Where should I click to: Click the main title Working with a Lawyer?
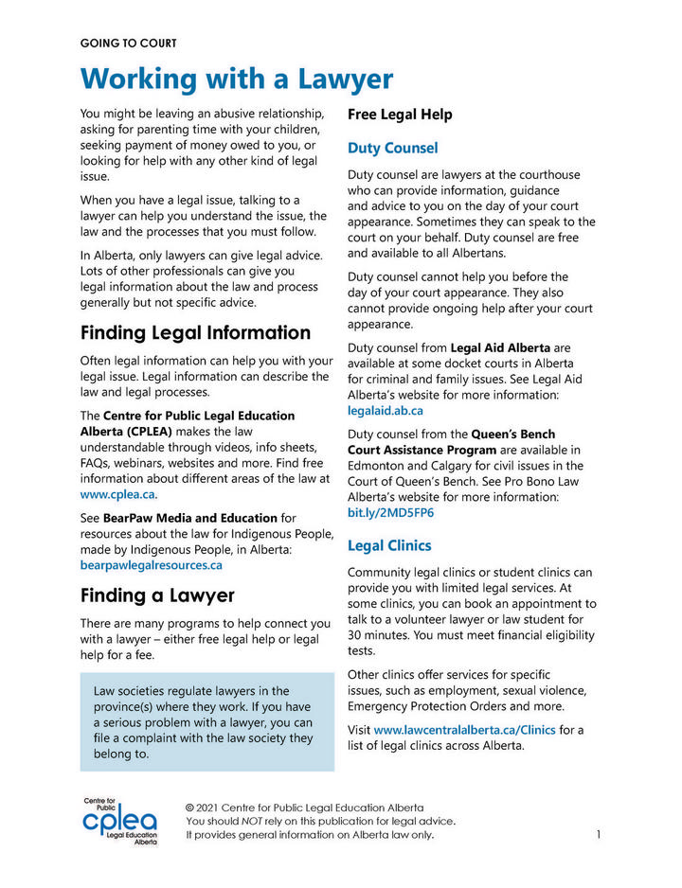click(236, 78)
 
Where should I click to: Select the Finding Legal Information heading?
click(195, 333)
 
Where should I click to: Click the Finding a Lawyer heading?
click(157, 596)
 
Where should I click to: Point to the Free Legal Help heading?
click(400, 115)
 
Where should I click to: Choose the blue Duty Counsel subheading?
click(392, 149)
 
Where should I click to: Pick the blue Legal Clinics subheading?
click(389, 546)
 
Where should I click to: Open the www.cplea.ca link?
click(117, 494)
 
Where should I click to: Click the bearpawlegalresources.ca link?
click(152, 565)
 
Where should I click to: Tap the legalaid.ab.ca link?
click(386, 411)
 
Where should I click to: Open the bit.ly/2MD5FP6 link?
click(390, 513)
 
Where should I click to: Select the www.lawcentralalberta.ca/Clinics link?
click(464, 730)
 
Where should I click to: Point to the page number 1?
click(600, 835)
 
